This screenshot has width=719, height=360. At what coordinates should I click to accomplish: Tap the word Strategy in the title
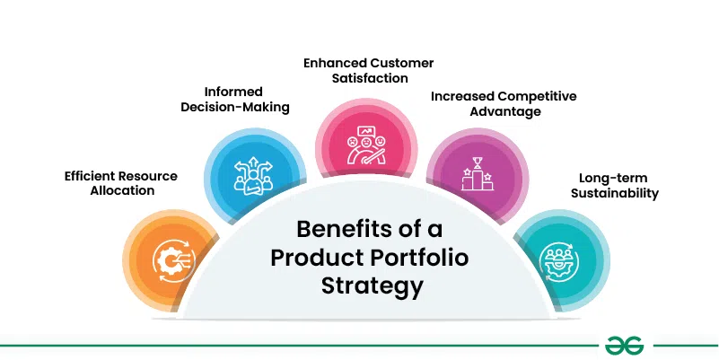coord(372,286)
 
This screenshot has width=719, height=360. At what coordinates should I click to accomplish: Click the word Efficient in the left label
coord(91,176)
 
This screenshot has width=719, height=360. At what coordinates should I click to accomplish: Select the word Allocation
coord(122,191)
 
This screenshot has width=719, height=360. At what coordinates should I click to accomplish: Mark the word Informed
coord(233,92)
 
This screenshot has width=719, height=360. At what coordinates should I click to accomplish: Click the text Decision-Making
coord(235,108)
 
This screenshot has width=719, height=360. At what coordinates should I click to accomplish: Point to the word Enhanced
coord(335,63)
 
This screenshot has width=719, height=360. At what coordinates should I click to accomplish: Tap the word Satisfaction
coord(370,78)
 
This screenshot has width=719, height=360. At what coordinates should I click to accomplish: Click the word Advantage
coord(505,112)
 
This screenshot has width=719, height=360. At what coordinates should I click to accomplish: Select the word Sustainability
coord(615,193)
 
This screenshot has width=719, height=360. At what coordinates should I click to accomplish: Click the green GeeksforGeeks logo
coord(624,346)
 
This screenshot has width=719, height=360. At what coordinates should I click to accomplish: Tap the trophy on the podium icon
coord(478,162)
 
